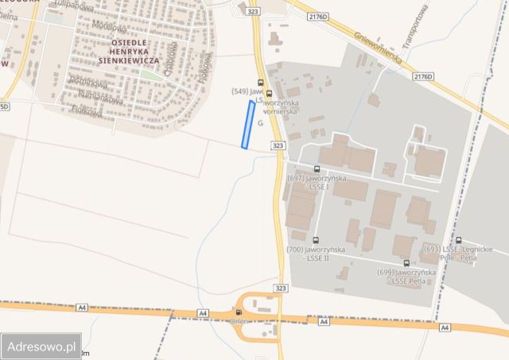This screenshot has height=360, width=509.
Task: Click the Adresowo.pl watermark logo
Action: [x=41, y=346]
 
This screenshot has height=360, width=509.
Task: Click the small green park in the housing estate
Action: [x=149, y=75]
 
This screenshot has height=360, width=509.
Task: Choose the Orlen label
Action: [x=238, y=323]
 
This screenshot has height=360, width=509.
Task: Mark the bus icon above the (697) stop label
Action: [x=317, y=169]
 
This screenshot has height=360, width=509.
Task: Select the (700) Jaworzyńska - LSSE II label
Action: [x=317, y=255]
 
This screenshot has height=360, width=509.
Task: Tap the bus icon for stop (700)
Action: [x=317, y=240]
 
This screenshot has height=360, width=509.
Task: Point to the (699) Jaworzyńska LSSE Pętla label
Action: [x=406, y=277]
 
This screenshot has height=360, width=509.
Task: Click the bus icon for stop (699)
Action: [x=406, y=262]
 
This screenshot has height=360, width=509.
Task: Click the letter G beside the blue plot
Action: [x=260, y=134]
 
